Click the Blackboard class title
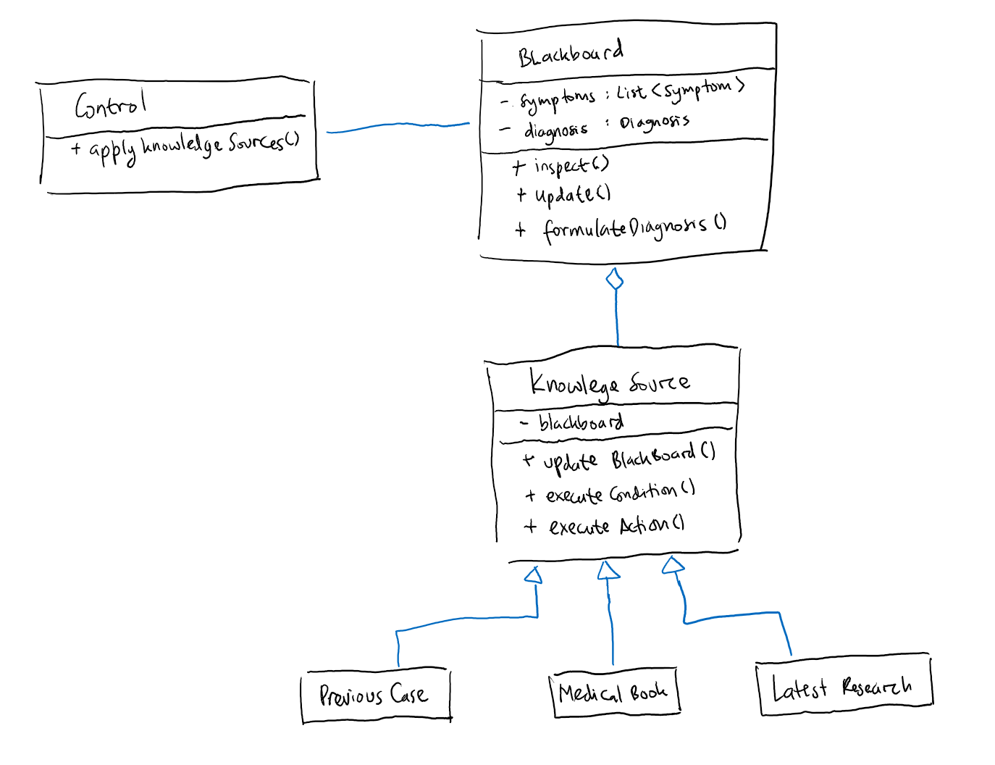pyautogui.click(x=570, y=54)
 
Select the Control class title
pyautogui.click(x=110, y=105)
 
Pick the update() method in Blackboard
pyautogui.click(x=563, y=195)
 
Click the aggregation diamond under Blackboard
pyautogui.click(x=615, y=279)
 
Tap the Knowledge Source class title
pyautogui.click(x=609, y=382)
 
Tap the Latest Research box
pyautogui.click(x=844, y=686)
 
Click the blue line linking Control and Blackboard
pyautogui.click(x=398, y=126)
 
